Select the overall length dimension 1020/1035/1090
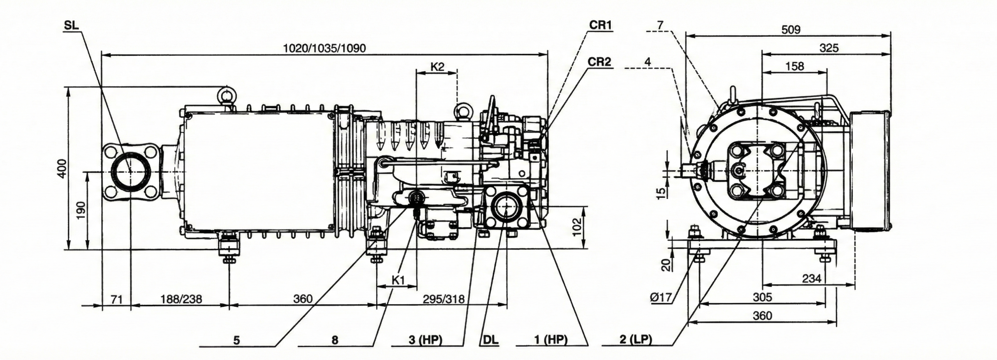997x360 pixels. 324,48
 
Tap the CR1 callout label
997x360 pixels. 600,25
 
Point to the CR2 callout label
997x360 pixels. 600,62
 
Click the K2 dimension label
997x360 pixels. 437,66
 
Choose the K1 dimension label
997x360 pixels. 398,280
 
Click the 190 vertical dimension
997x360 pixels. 81,210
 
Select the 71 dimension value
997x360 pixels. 116,299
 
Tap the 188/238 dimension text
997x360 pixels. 181,299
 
